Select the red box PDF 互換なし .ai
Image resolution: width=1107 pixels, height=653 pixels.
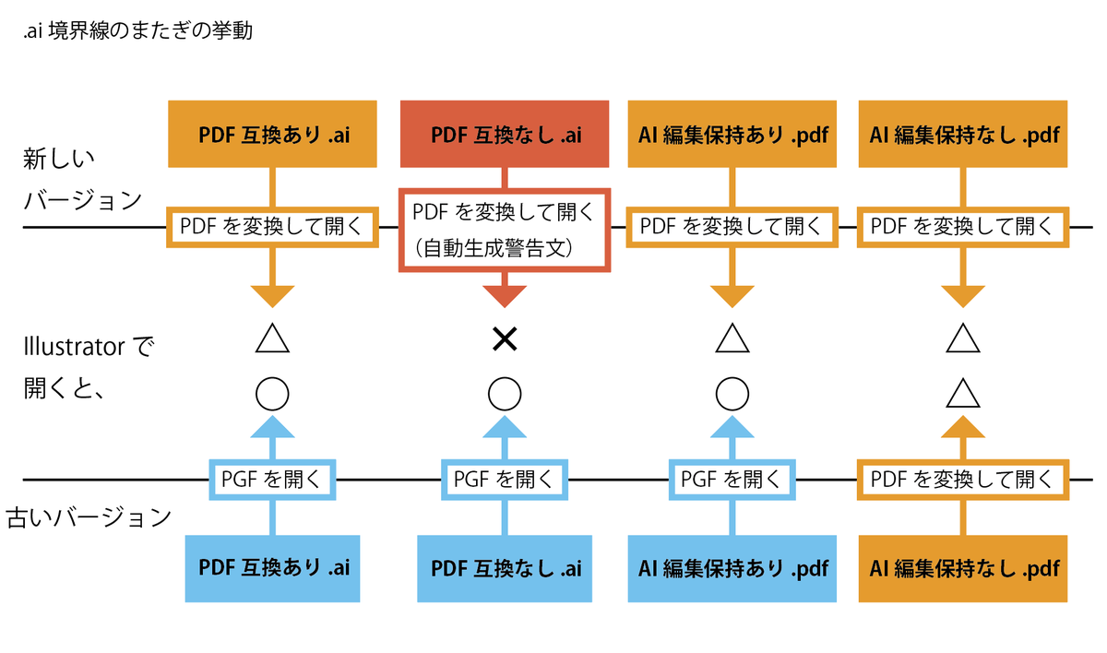[505, 135]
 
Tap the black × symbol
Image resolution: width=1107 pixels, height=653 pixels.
[504, 340]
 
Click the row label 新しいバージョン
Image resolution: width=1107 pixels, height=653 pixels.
[83, 180]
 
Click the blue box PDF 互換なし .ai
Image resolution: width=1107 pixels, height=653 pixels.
[505, 568]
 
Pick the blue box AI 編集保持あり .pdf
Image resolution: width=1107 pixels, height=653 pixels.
[733, 568]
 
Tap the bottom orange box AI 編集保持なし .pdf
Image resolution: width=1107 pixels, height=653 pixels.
[963, 568]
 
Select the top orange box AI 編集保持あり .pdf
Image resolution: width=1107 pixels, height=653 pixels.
[733, 135]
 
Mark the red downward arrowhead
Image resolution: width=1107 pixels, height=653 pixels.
[505, 295]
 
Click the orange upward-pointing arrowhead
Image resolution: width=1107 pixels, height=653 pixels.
[963, 426]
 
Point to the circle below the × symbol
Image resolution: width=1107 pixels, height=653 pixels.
[505, 394]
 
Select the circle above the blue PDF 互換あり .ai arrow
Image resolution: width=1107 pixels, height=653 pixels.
[272, 394]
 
